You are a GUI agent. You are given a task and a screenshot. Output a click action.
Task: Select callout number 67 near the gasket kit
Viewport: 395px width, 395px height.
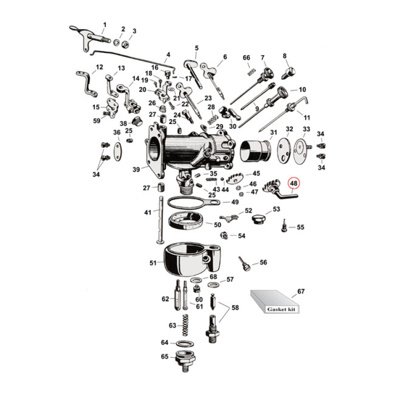tap(301, 292)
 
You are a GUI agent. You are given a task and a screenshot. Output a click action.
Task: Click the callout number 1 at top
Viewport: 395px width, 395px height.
tap(104, 24)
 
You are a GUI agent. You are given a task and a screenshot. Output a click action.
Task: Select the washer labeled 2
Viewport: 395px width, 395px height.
tap(118, 42)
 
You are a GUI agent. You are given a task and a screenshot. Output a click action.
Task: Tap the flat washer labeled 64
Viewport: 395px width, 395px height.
tap(184, 343)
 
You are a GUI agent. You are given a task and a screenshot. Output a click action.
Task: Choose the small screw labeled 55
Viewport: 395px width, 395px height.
tap(285, 227)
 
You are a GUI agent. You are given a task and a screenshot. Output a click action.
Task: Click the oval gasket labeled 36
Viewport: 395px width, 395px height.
tap(117, 150)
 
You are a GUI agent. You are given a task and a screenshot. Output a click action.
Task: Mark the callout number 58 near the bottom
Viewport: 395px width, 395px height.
tap(235, 307)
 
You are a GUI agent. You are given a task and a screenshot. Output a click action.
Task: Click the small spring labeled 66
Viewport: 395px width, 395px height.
tap(250, 72)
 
